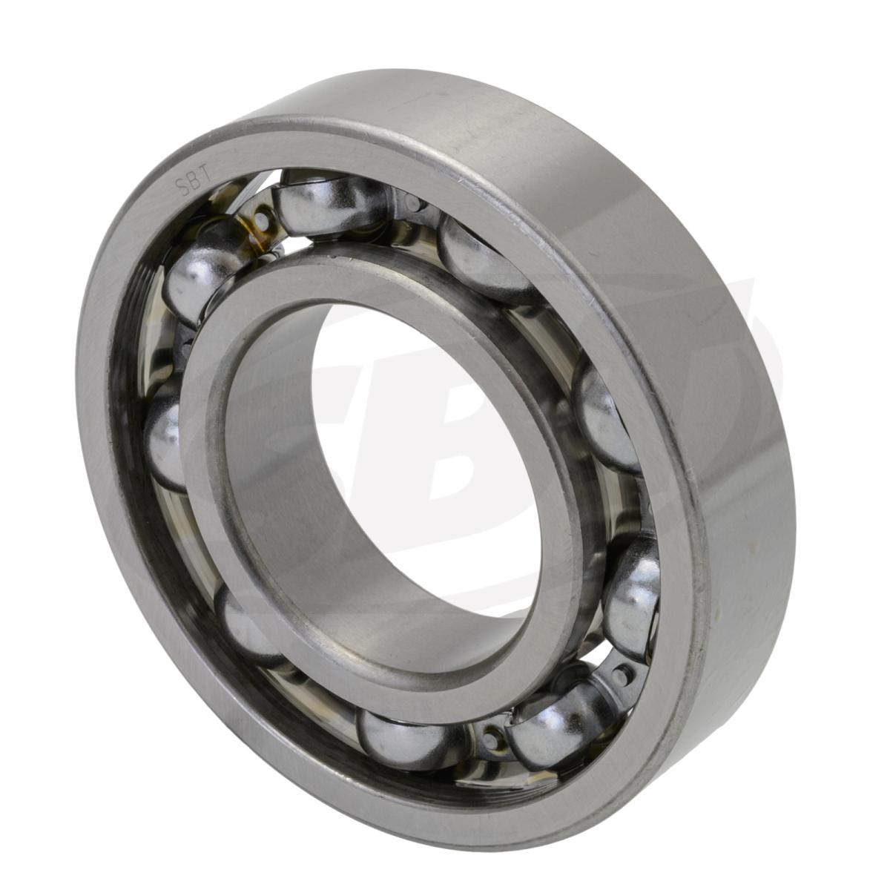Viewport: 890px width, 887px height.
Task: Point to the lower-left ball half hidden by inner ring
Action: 245,623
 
